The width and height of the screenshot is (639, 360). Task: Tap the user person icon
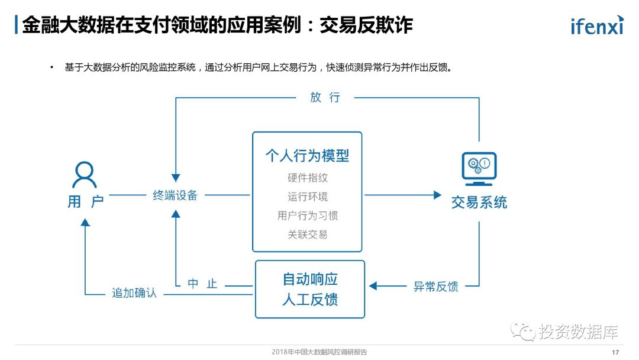click(85, 175)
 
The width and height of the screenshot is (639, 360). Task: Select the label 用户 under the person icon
click(85, 201)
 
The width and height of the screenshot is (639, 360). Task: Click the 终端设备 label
click(175, 195)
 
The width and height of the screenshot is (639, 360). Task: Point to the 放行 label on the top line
click(325, 98)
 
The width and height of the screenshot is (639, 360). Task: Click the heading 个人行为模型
click(307, 156)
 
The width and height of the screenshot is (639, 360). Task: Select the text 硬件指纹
click(307, 178)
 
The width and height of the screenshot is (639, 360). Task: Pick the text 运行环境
click(307, 197)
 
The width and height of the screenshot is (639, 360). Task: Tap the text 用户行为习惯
click(307, 216)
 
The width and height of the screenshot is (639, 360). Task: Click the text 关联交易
click(307, 234)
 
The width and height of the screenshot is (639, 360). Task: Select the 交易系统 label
click(479, 202)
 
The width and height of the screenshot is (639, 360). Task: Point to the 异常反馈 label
click(435, 287)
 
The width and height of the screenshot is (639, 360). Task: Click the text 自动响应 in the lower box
click(310, 279)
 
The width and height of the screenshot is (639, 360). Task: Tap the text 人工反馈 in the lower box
click(310, 299)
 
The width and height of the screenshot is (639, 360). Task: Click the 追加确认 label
click(134, 292)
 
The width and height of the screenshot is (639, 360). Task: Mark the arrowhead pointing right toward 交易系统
click(438, 195)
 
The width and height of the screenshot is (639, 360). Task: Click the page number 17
click(615, 352)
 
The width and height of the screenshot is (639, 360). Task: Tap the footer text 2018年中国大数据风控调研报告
click(319, 352)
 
